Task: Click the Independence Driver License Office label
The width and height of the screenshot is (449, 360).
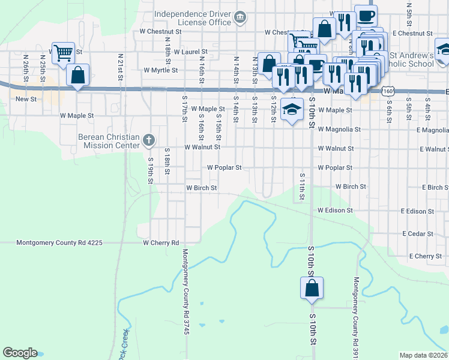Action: [192, 18]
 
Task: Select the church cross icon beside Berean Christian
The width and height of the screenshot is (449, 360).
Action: [149, 140]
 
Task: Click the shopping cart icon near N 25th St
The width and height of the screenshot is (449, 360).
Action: [63, 52]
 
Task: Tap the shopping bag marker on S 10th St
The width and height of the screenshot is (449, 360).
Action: [312, 287]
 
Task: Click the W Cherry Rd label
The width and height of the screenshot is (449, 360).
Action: [161, 243]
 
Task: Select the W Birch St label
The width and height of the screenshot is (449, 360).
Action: [201, 188]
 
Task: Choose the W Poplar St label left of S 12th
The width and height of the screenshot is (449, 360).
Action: [224, 168]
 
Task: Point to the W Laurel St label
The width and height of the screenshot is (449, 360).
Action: [190, 52]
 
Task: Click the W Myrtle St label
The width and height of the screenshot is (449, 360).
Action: [161, 70]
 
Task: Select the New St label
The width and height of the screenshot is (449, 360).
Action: [26, 99]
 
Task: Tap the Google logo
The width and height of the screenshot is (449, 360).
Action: [20, 353]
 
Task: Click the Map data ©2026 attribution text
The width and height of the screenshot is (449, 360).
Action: [424, 355]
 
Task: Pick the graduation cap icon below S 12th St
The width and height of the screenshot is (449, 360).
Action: [292, 109]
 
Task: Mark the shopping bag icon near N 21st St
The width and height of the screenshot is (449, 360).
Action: [77, 75]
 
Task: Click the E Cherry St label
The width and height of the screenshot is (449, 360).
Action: [426, 256]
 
